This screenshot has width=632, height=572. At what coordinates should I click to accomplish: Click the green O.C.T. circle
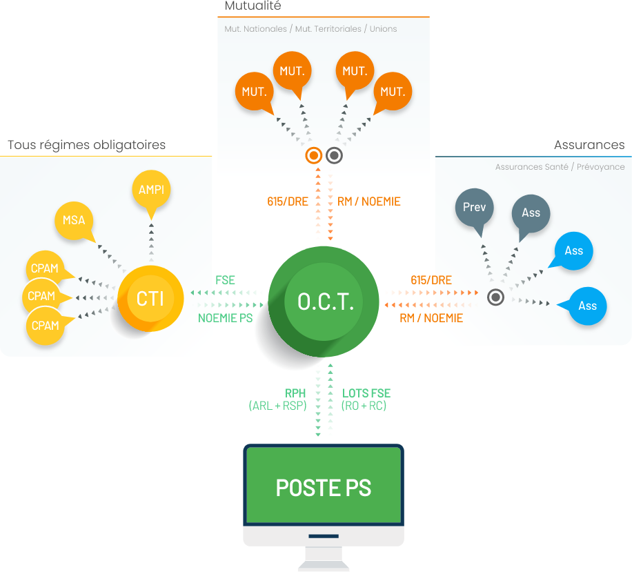(324, 301)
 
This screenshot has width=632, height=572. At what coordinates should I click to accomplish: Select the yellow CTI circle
(150, 299)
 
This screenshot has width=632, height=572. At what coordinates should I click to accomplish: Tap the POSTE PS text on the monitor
(323, 487)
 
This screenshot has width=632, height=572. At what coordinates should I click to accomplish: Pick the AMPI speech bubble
(151, 190)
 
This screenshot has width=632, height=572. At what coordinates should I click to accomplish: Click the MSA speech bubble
(74, 221)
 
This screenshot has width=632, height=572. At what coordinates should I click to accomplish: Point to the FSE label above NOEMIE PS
(225, 280)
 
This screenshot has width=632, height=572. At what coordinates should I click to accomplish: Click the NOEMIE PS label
(226, 318)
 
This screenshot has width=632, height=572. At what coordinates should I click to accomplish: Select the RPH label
(295, 393)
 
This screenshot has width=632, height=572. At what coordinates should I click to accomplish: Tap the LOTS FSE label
(366, 393)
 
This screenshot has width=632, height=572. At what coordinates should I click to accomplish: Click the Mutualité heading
(253, 6)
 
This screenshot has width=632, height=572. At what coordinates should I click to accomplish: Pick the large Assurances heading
(589, 145)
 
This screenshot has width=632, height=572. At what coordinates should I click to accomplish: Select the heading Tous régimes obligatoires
(87, 145)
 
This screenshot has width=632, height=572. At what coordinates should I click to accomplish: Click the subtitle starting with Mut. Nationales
(310, 29)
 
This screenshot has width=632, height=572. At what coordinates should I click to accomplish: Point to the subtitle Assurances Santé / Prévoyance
(560, 167)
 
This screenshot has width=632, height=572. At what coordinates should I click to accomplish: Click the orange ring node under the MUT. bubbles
(314, 155)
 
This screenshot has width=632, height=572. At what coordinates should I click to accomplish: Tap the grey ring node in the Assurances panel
(495, 297)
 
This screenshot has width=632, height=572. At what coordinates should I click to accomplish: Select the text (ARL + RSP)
(277, 406)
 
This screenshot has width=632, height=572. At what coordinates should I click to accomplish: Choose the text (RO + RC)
(364, 406)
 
